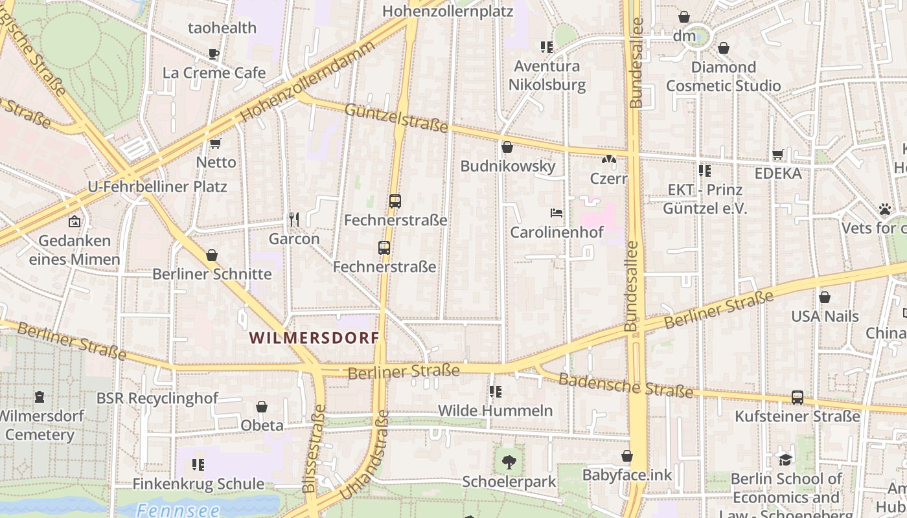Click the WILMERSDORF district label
(314, 337)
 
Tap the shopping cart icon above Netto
(216, 143)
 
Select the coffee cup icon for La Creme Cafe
(214, 54)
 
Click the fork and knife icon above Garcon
(294, 220)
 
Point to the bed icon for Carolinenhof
(557, 212)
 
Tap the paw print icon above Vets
(885, 208)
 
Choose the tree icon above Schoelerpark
(509, 462)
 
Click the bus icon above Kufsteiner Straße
(797, 397)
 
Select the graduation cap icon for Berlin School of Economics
(785, 460)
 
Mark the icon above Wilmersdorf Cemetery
(40, 396)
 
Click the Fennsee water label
(178, 510)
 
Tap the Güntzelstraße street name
(396, 118)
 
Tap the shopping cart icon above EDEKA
(778, 154)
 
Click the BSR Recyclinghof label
(157, 398)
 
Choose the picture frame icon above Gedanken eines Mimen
(75, 221)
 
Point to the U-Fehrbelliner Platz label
(157, 186)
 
